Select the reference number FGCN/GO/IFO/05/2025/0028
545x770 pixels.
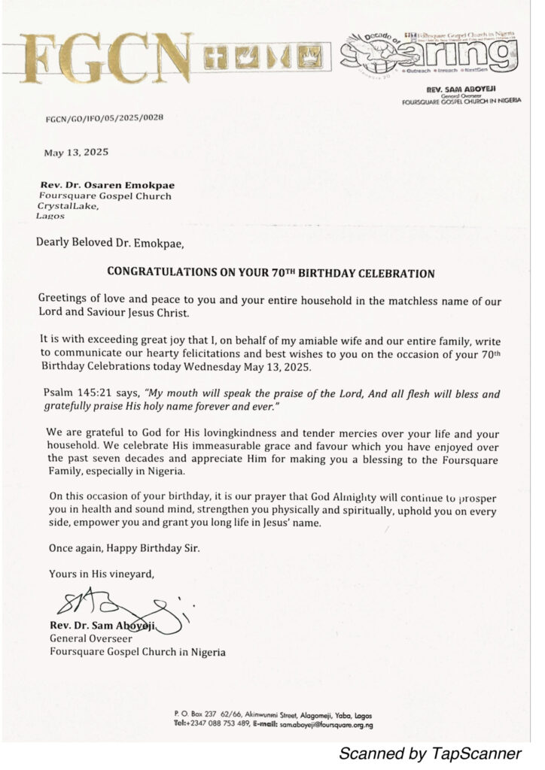pos(105,119)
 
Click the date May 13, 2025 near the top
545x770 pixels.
pos(76,152)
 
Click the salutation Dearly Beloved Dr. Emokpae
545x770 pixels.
pos(109,242)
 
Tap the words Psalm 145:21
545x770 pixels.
pos(72,393)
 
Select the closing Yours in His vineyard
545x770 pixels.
pos(102,574)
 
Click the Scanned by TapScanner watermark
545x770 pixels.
pos(429,753)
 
